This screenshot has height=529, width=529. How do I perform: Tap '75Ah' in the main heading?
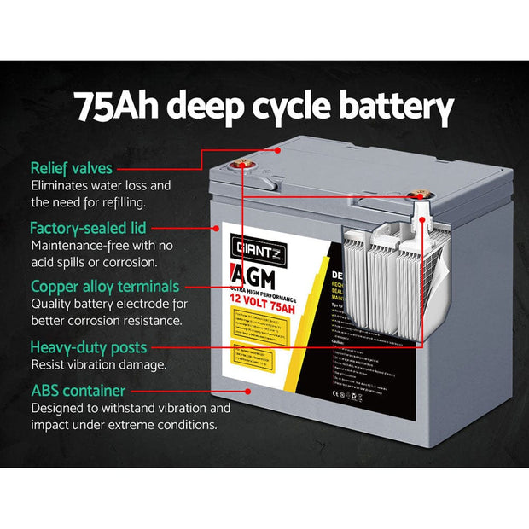tap(118, 108)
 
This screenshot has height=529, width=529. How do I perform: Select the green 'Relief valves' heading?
tap(72, 168)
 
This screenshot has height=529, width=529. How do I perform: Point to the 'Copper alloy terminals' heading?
tap(105, 287)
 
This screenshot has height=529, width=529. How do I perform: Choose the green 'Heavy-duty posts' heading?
tap(89, 347)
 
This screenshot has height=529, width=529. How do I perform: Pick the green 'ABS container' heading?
tap(78, 391)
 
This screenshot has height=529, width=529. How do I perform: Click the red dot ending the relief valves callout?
tap(279, 149)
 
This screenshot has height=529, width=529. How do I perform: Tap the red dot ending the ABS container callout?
tap(247, 391)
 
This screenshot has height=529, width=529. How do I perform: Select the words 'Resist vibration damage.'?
tap(98, 365)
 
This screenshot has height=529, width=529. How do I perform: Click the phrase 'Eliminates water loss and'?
tap(102, 186)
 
